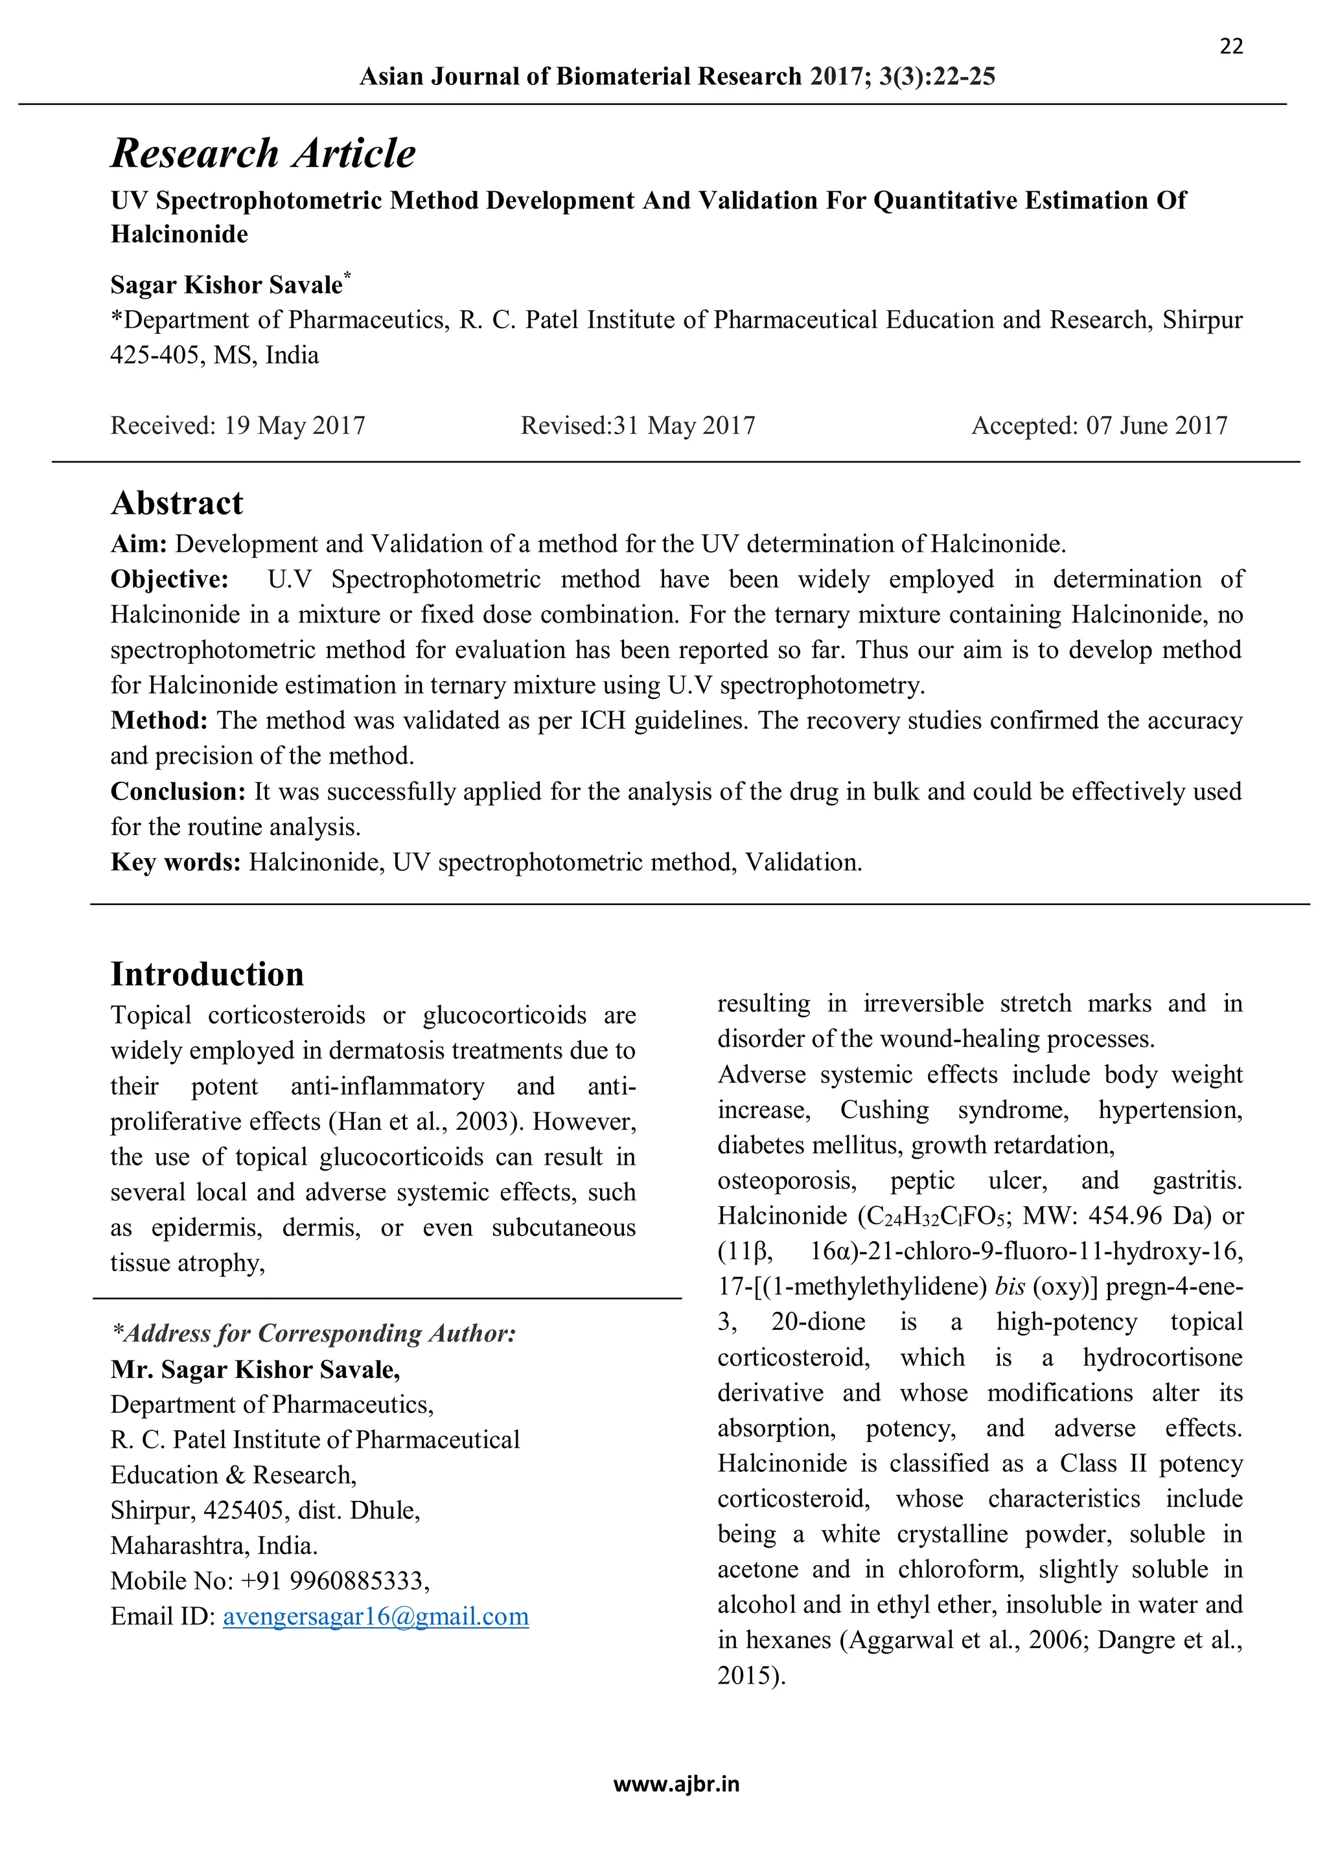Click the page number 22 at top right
1230,47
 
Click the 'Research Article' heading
263,154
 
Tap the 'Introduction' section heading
207,974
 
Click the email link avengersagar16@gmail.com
376,1616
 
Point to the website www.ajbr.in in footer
676,1785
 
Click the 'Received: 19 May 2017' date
238,426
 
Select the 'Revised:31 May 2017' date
638,426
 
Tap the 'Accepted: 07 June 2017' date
1099,426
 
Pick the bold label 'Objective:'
170,579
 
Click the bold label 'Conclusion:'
178,792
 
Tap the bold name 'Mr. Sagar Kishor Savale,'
255,1369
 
